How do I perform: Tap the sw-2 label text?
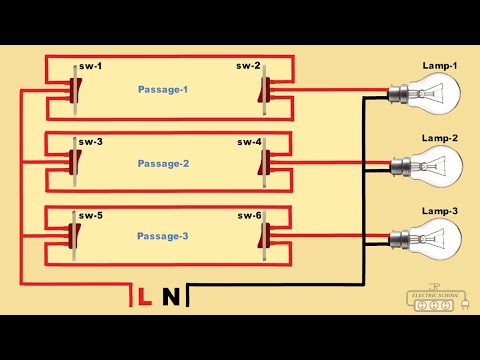pyautogui.click(x=249, y=68)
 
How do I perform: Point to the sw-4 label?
pyautogui.click(x=249, y=142)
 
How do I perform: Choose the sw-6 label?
pyautogui.click(x=249, y=215)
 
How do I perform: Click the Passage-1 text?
pyautogui.click(x=163, y=89)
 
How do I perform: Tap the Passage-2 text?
pyautogui.click(x=163, y=162)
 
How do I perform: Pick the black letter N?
pyautogui.click(x=172, y=297)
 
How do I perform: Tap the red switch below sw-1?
pyautogui.click(x=72, y=93)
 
